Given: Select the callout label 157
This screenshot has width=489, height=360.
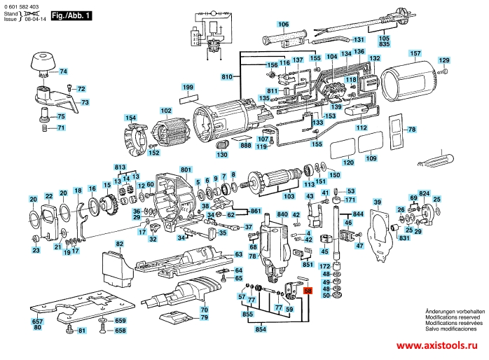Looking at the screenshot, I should (x=415, y=54).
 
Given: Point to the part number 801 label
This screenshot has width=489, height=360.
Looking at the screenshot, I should (x=185, y=169).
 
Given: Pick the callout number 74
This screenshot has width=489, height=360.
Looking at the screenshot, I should (x=63, y=71).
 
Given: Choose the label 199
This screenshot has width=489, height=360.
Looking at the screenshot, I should (x=188, y=87).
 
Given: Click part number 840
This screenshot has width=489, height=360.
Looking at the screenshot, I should (x=283, y=213).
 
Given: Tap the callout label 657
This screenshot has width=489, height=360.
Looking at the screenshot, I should (x=38, y=321).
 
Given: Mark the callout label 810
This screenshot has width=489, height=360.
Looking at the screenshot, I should (x=226, y=76).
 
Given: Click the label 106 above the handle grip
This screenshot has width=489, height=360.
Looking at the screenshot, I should (x=283, y=25).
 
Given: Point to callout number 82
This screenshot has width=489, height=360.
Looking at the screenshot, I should (x=119, y=244).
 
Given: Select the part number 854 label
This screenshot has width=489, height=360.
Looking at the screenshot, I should (x=261, y=328).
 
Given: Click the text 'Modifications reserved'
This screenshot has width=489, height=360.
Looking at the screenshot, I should (x=455, y=317).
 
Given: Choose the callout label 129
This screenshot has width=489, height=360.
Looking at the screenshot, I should (x=443, y=61).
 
